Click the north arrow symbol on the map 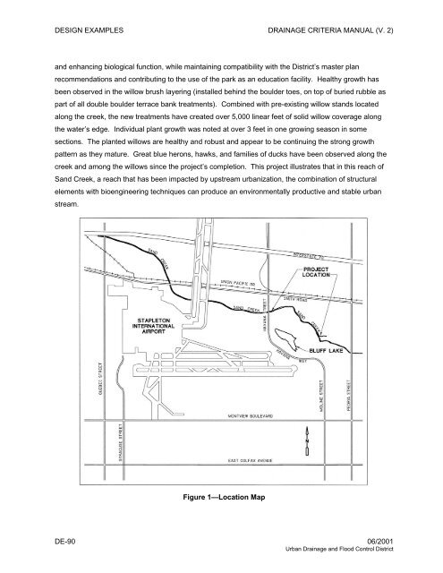[x=305, y=442]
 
